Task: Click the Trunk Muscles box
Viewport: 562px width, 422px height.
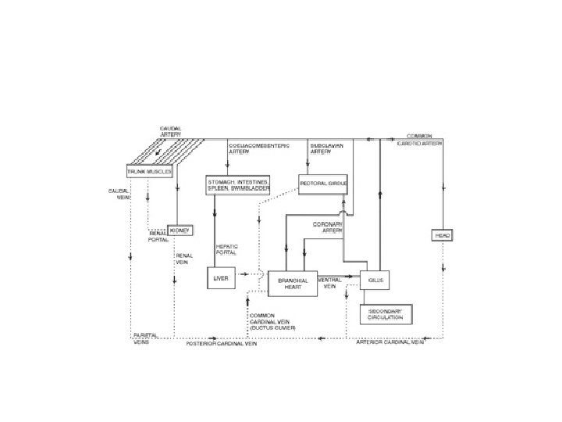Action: coord(148,171)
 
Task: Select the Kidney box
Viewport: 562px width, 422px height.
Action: coord(179,231)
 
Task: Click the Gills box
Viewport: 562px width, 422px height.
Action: coord(375,280)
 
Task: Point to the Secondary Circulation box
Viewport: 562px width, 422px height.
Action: coord(385,314)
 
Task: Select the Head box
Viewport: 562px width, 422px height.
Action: coord(443,235)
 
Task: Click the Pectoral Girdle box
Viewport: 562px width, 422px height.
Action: coord(322,184)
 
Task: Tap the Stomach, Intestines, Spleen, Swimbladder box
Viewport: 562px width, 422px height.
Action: coord(237,184)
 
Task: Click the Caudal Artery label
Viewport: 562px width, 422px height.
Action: coord(171,131)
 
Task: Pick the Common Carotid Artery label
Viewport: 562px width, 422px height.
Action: coord(425,140)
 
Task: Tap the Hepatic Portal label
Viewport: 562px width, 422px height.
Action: coord(226,249)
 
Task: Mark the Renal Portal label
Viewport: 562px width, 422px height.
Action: coord(158,235)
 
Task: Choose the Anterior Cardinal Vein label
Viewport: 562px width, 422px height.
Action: coord(390,342)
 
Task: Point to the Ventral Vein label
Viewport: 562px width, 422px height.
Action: coord(329,283)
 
